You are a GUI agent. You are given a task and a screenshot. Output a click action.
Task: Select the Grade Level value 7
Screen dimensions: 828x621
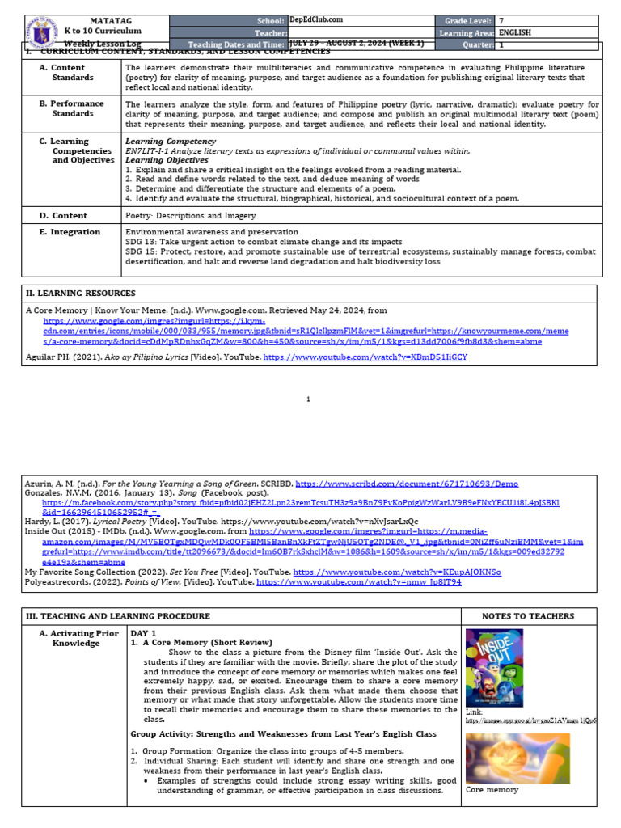(x=501, y=19)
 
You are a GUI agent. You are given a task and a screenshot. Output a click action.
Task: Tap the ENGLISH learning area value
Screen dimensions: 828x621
(x=516, y=32)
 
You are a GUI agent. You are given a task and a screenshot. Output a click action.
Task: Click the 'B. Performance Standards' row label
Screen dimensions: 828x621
(x=77, y=108)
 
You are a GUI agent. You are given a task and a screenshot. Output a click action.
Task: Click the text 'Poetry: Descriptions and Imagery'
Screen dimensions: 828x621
(x=191, y=215)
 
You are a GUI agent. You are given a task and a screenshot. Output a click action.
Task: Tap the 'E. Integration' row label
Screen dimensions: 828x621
(x=70, y=232)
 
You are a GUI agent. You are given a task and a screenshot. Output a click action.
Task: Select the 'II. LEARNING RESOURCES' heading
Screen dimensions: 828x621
(x=81, y=293)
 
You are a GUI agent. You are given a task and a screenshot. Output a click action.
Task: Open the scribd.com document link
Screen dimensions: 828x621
(x=383, y=483)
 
